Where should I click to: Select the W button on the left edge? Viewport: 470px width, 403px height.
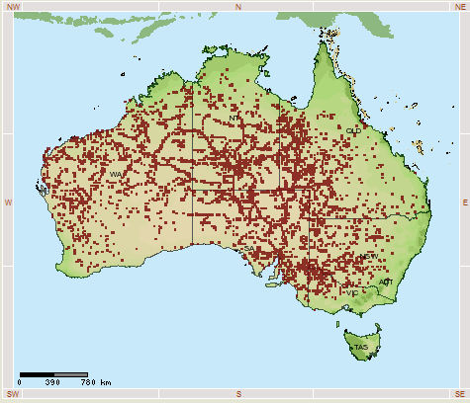tap(7, 201)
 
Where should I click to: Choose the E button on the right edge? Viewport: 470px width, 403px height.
tap(463, 201)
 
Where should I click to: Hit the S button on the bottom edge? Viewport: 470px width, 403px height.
tap(237, 395)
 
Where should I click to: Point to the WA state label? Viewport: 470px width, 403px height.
tap(116, 175)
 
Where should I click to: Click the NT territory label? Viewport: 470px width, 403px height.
tap(235, 119)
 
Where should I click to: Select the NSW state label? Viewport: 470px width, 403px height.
tap(368, 257)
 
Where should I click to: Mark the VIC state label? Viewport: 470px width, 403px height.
tap(352, 293)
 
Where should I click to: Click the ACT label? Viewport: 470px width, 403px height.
tap(385, 282)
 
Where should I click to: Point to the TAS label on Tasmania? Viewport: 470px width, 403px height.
tap(361, 348)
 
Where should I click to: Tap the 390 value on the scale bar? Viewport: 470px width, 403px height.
tap(52, 382)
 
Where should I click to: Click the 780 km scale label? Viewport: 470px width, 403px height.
tap(95, 382)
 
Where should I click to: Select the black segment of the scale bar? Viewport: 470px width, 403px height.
tap(37, 373)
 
